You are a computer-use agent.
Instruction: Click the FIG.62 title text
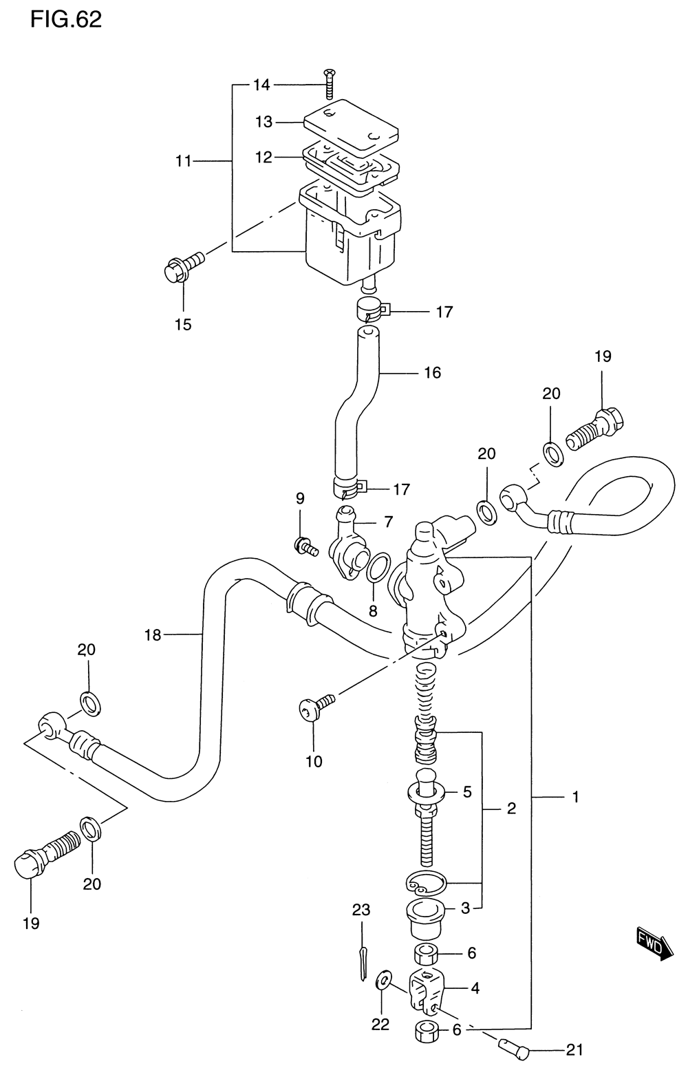click(x=66, y=20)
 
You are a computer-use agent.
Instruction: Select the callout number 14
click(x=261, y=85)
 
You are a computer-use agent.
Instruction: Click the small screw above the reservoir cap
click(x=329, y=83)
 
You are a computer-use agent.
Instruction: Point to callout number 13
click(x=264, y=122)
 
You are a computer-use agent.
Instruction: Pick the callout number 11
click(x=183, y=162)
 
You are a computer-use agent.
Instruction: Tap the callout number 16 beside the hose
click(x=433, y=373)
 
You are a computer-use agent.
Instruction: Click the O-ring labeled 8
click(x=378, y=568)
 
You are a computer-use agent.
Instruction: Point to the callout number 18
click(x=153, y=635)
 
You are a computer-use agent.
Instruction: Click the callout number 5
click(x=467, y=792)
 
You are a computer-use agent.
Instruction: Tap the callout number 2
click(x=511, y=809)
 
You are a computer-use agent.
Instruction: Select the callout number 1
click(x=575, y=797)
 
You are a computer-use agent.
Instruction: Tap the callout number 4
click(x=475, y=988)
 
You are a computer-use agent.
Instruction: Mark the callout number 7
click(x=388, y=522)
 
